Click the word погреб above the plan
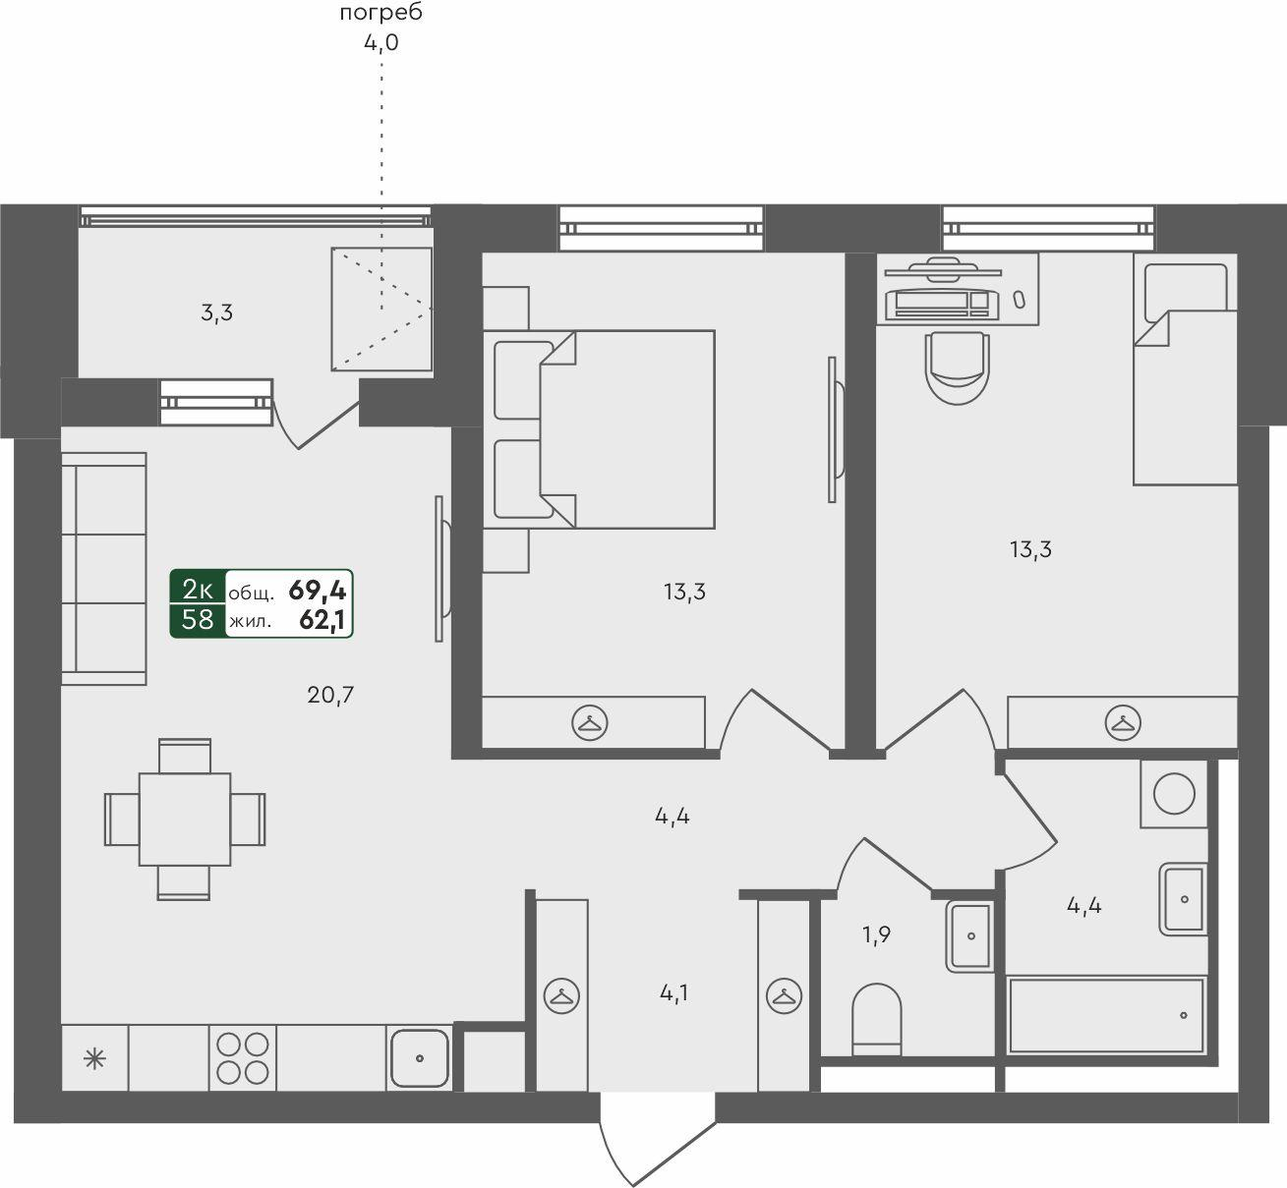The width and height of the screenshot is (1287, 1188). point(381,13)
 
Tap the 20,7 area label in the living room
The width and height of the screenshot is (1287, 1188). point(329,696)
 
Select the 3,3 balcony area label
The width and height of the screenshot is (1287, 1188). point(216,313)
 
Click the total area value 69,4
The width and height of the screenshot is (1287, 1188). point(318,591)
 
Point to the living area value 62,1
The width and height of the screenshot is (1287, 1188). point(322,621)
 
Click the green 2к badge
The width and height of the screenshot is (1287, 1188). point(198,590)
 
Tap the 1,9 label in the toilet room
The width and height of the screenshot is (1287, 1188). point(876,935)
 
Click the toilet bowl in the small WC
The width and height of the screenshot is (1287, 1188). point(876,1019)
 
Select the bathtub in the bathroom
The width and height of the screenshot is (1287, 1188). point(1105,1016)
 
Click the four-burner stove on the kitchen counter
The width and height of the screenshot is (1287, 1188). point(243,1058)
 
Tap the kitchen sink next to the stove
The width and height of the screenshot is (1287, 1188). point(419,1058)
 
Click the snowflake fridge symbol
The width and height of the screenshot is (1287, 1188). point(94,1059)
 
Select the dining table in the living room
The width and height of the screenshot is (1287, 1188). point(185,820)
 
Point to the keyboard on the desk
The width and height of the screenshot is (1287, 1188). point(942,304)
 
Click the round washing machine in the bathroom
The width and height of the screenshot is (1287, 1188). point(1174,794)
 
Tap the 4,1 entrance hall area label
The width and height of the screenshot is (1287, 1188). point(673,993)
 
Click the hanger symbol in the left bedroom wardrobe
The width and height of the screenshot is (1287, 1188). point(590,722)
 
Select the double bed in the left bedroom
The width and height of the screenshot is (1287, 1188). point(599,428)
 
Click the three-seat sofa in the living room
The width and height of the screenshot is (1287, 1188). point(103,569)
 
